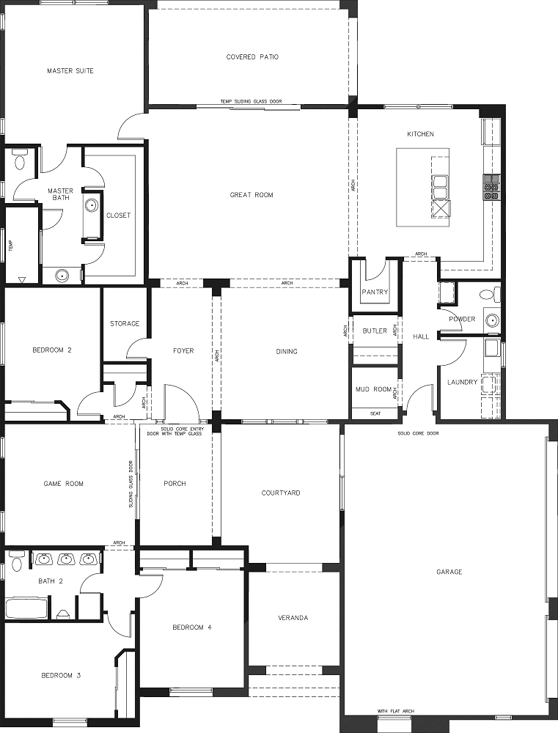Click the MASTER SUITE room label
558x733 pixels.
[70, 71]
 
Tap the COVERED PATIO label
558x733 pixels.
[252, 57]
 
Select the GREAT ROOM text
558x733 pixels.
[252, 195]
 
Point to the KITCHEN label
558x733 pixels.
[420, 134]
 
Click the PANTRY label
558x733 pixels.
[375, 292]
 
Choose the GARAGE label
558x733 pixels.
[449, 572]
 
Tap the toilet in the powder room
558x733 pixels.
[490, 295]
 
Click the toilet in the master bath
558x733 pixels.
[20, 159]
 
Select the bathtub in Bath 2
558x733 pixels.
[26, 607]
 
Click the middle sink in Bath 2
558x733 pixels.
[66, 559]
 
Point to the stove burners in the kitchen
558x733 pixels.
[491, 187]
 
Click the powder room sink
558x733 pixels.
[491, 320]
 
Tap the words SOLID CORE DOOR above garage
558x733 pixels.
[418, 433]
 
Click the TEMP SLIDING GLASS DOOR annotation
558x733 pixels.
[252, 101]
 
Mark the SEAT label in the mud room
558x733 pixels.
[375, 413]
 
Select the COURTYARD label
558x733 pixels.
[281, 493]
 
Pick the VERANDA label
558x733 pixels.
[293, 618]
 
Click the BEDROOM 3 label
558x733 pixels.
[61, 676]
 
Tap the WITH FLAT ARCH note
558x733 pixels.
[396, 712]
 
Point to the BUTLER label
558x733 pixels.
[375, 331]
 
